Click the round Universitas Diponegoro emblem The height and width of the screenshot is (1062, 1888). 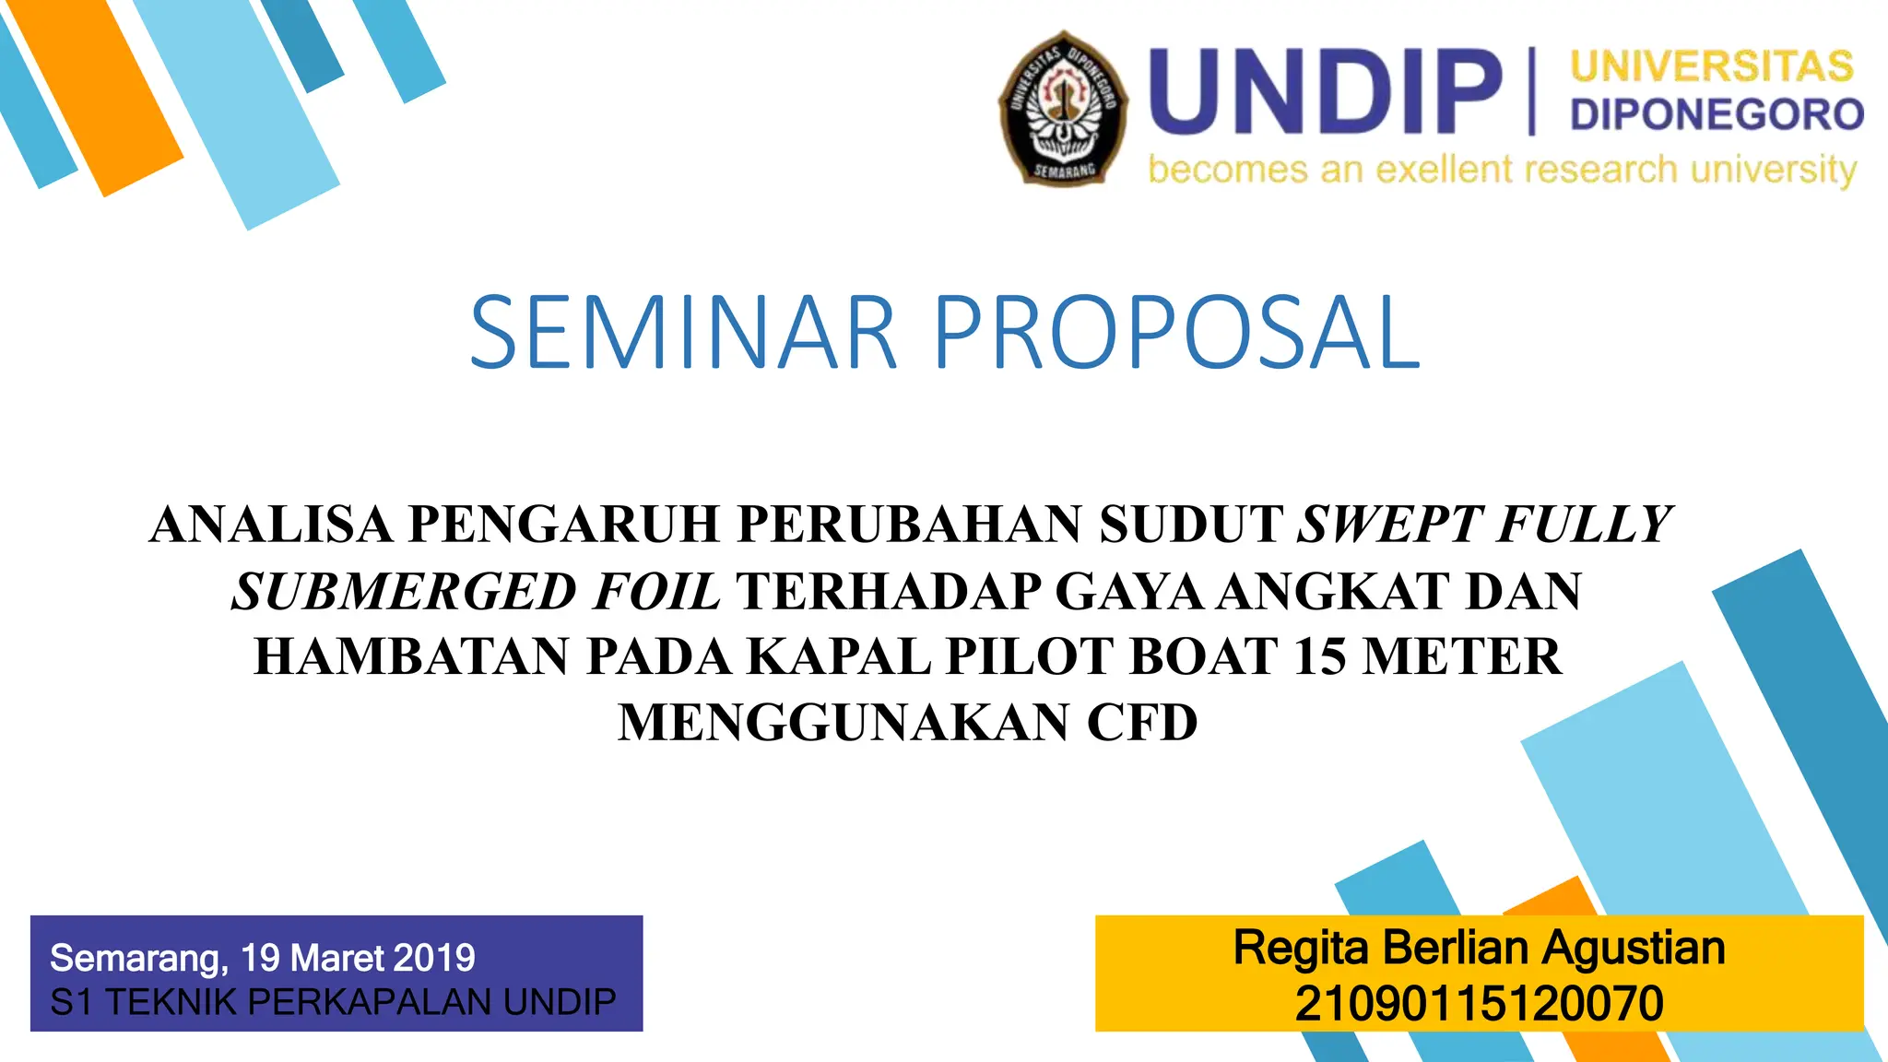click(x=1064, y=107)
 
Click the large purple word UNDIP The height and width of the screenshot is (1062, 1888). click(x=1325, y=93)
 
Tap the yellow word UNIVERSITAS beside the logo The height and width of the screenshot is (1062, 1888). click(x=1712, y=67)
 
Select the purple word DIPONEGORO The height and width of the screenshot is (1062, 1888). click(x=1717, y=114)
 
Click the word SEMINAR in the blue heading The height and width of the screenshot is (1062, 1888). click(x=683, y=333)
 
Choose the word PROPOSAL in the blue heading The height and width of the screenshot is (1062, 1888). click(x=1177, y=333)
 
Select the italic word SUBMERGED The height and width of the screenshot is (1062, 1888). click(x=403, y=591)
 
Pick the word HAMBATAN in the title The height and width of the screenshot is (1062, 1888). click(x=411, y=656)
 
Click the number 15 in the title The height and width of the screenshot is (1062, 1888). click(x=1320, y=656)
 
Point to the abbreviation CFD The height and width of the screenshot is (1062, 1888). click(x=1142, y=722)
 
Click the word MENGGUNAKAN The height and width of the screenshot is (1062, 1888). click(x=844, y=722)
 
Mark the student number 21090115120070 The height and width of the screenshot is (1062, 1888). click(x=1479, y=1003)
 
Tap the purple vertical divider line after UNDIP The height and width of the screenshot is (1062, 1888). click(x=1532, y=91)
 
